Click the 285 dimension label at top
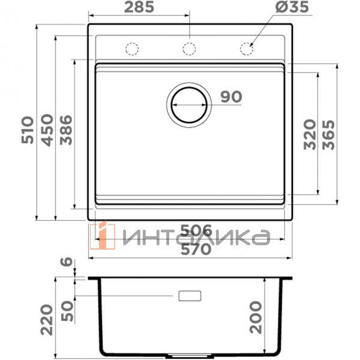click(x=139, y=8)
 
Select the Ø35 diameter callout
click(x=275, y=8)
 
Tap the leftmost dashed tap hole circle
click(x=132, y=49)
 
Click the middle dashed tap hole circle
click(x=189, y=49)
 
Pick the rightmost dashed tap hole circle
click(x=247, y=49)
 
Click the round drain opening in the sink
click(x=189, y=105)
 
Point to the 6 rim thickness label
click(x=67, y=262)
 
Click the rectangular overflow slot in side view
click(x=190, y=295)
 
